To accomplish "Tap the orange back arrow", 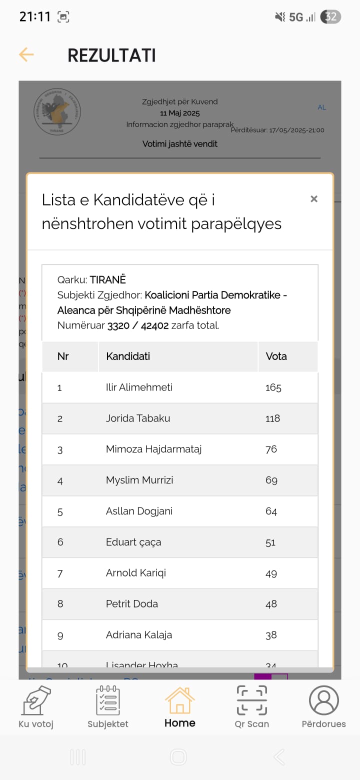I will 26,54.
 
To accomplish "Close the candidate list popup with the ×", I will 314,199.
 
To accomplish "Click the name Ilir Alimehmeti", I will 139,387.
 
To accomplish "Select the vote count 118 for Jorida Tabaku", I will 272,418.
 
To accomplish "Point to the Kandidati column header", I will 128,356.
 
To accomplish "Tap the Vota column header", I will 276,356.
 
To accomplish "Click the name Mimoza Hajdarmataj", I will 153,449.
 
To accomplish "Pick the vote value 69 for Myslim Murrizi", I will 271,480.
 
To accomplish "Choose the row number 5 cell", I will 60,511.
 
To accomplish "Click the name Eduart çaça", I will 133,542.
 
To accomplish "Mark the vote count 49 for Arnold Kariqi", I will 271,573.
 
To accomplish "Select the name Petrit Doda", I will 132,604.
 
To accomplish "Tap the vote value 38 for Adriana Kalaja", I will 271,635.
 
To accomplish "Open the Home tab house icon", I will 180,700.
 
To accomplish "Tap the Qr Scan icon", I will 252,700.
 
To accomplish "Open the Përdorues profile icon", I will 323,700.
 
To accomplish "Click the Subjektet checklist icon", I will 108,700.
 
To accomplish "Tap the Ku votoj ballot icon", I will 36,700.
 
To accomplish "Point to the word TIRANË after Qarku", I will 107,279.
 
